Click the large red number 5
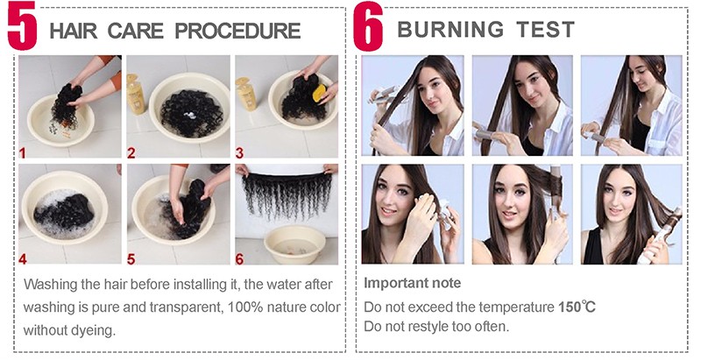tap(23, 26)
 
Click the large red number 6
tap(368, 26)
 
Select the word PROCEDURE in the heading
tap(237, 31)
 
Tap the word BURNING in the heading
tap(450, 30)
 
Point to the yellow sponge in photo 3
tap(319, 94)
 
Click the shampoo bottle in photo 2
tap(136, 95)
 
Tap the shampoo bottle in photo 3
tap(245, 94)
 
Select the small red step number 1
tap(23, 153)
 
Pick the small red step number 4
tap(23, 258)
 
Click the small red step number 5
tap(131, 258)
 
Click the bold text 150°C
tap(577, 307)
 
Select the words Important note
tap(412, 283)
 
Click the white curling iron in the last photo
tap(658, 236)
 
